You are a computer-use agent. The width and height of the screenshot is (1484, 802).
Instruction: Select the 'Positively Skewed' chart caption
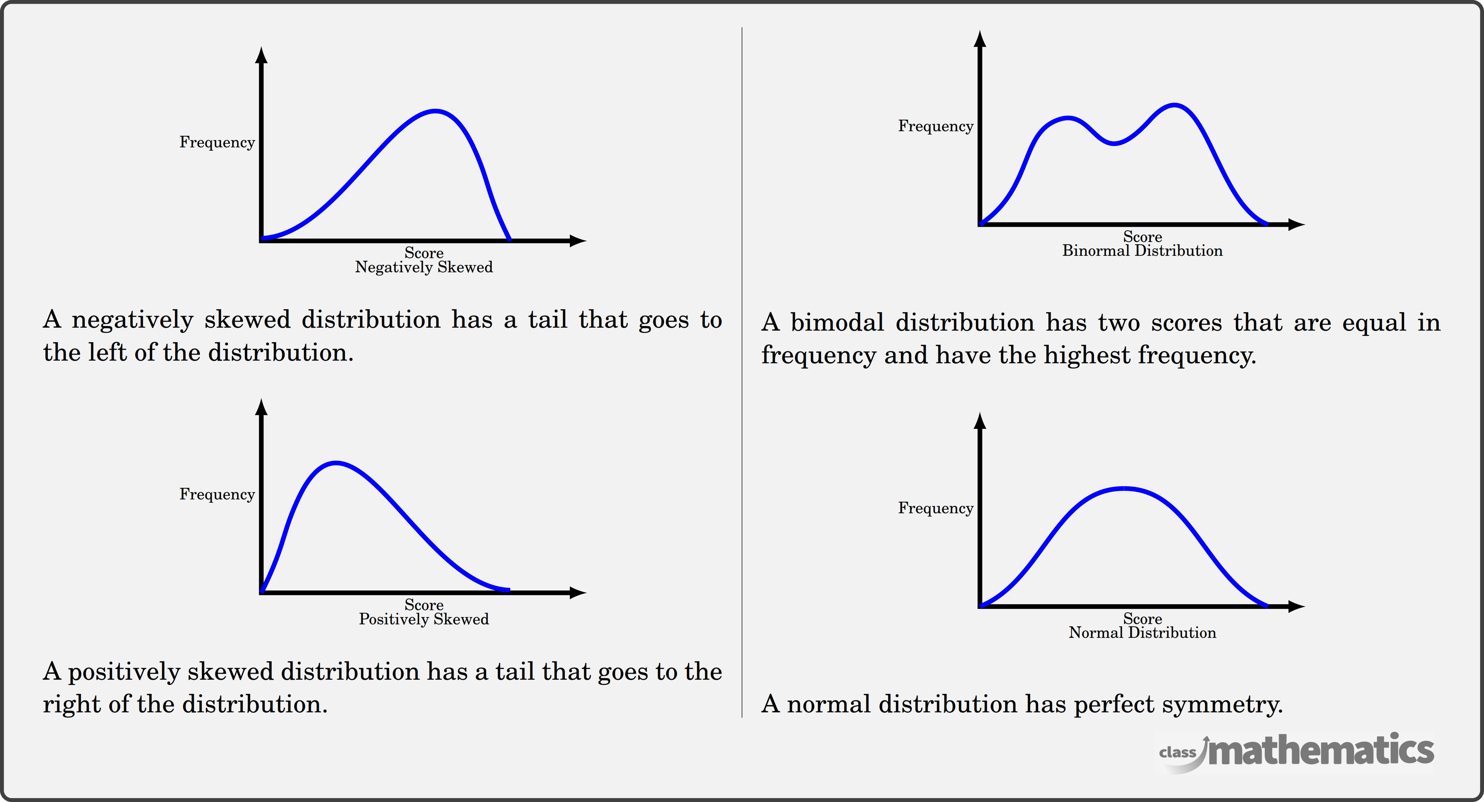[x=424, y=619]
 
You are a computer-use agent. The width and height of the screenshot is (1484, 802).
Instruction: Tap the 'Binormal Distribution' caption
[x=1142, y=251]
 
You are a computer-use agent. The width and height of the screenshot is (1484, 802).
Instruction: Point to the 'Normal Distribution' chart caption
[x=1142, y=633]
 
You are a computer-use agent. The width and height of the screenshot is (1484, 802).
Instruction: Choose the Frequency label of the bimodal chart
[x=936, y=127]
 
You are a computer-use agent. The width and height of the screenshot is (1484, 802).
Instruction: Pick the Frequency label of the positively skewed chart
[x=217, y=494]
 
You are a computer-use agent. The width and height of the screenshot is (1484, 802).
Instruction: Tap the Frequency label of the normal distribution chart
[x=936, y=508]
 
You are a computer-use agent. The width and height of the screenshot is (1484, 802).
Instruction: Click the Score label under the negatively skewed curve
[x=424, y=253]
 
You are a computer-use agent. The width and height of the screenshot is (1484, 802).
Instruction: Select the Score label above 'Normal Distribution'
[x=1142, y=619]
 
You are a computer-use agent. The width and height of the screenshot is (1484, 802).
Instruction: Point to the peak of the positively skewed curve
[x=336, y=463]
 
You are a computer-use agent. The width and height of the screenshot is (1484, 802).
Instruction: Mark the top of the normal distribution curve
[x=1124, y=489]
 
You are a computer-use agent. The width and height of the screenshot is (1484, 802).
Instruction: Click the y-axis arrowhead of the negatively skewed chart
[x=262, y=55]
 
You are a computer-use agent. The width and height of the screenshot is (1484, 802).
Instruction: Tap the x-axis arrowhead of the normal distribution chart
[x=1297, y=606]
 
